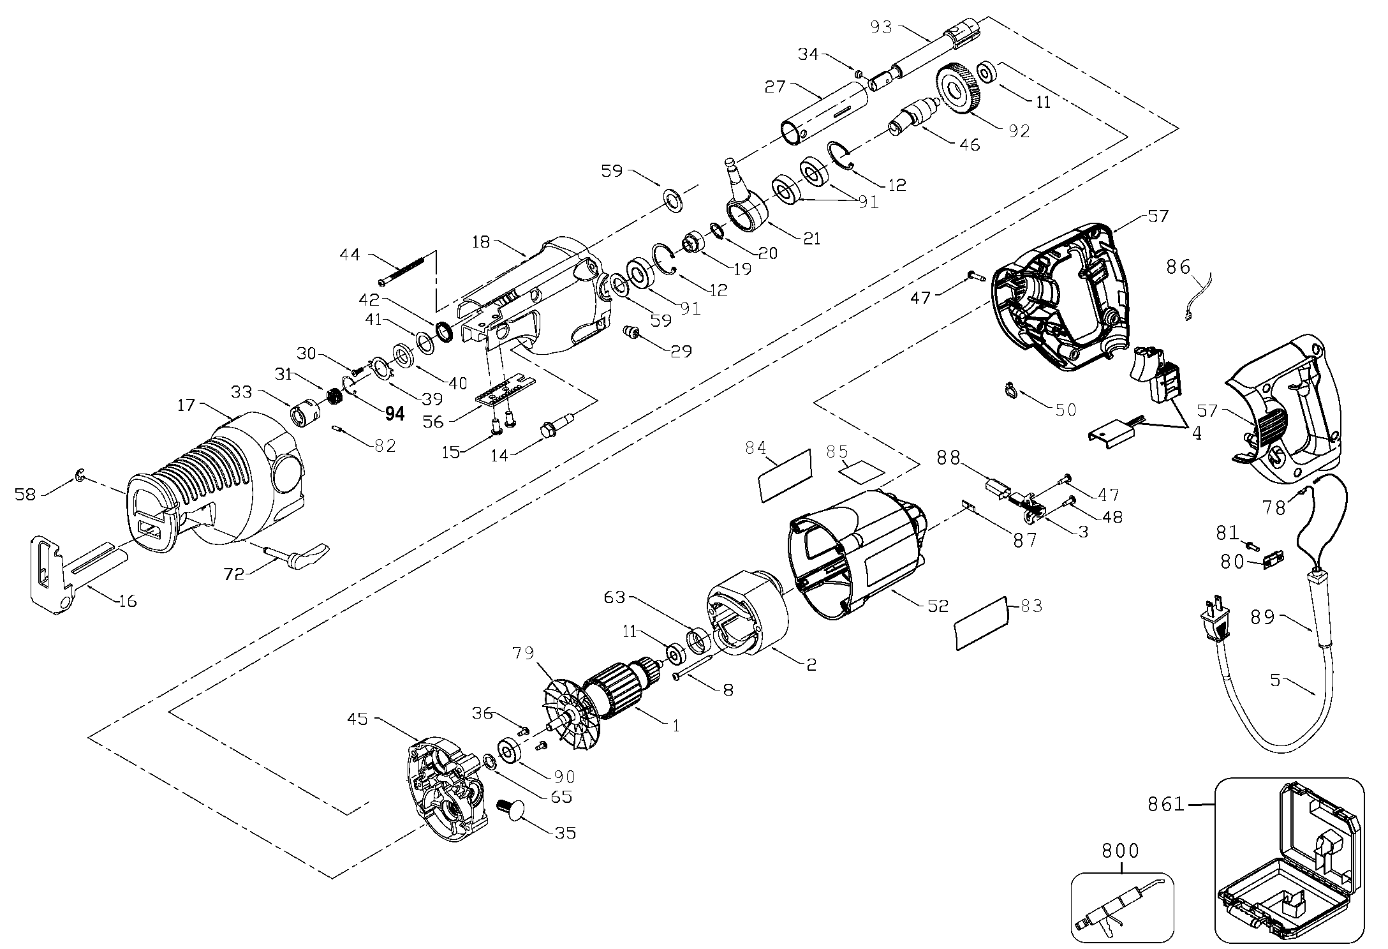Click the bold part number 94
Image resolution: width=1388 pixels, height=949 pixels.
(395, 414)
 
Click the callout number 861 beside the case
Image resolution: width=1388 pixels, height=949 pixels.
(1167, 805)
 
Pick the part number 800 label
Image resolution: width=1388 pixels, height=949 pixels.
(1120, 851)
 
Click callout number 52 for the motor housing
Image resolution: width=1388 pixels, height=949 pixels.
(938, 605)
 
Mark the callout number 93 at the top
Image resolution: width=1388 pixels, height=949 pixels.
(883, 27)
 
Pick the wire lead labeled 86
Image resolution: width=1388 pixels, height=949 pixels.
(1199, 297)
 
